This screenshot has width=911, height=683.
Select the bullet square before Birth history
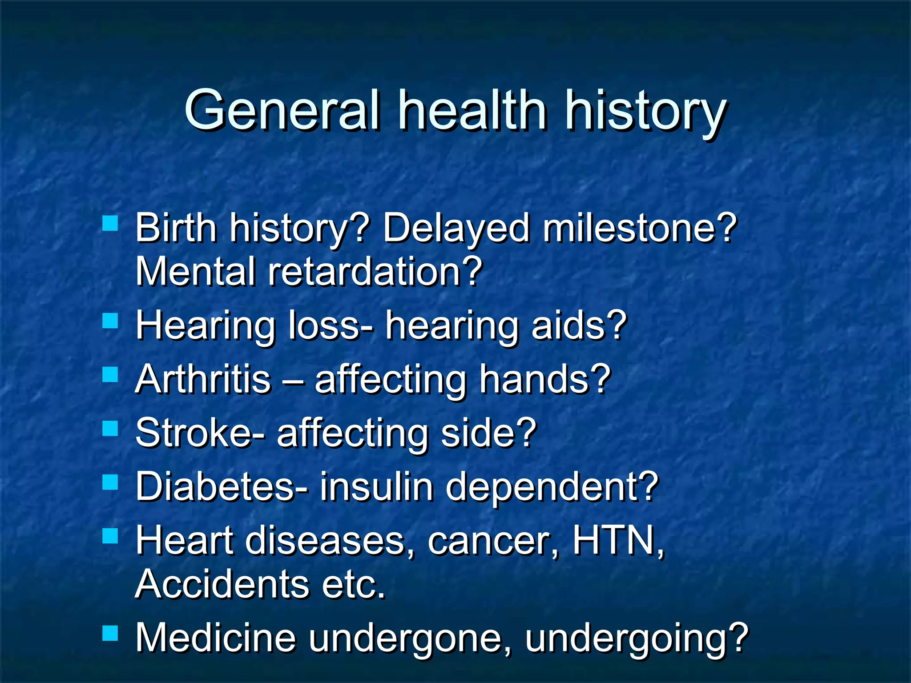(x=110, y=223)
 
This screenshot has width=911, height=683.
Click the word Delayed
(x=456, y=229)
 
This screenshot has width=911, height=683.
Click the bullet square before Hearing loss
(x=110, y=321)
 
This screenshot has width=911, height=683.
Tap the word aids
(x=571, y=325)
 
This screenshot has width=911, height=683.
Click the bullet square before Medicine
(x=110, y=633)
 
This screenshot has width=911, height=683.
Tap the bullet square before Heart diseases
(x=110, y=536)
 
